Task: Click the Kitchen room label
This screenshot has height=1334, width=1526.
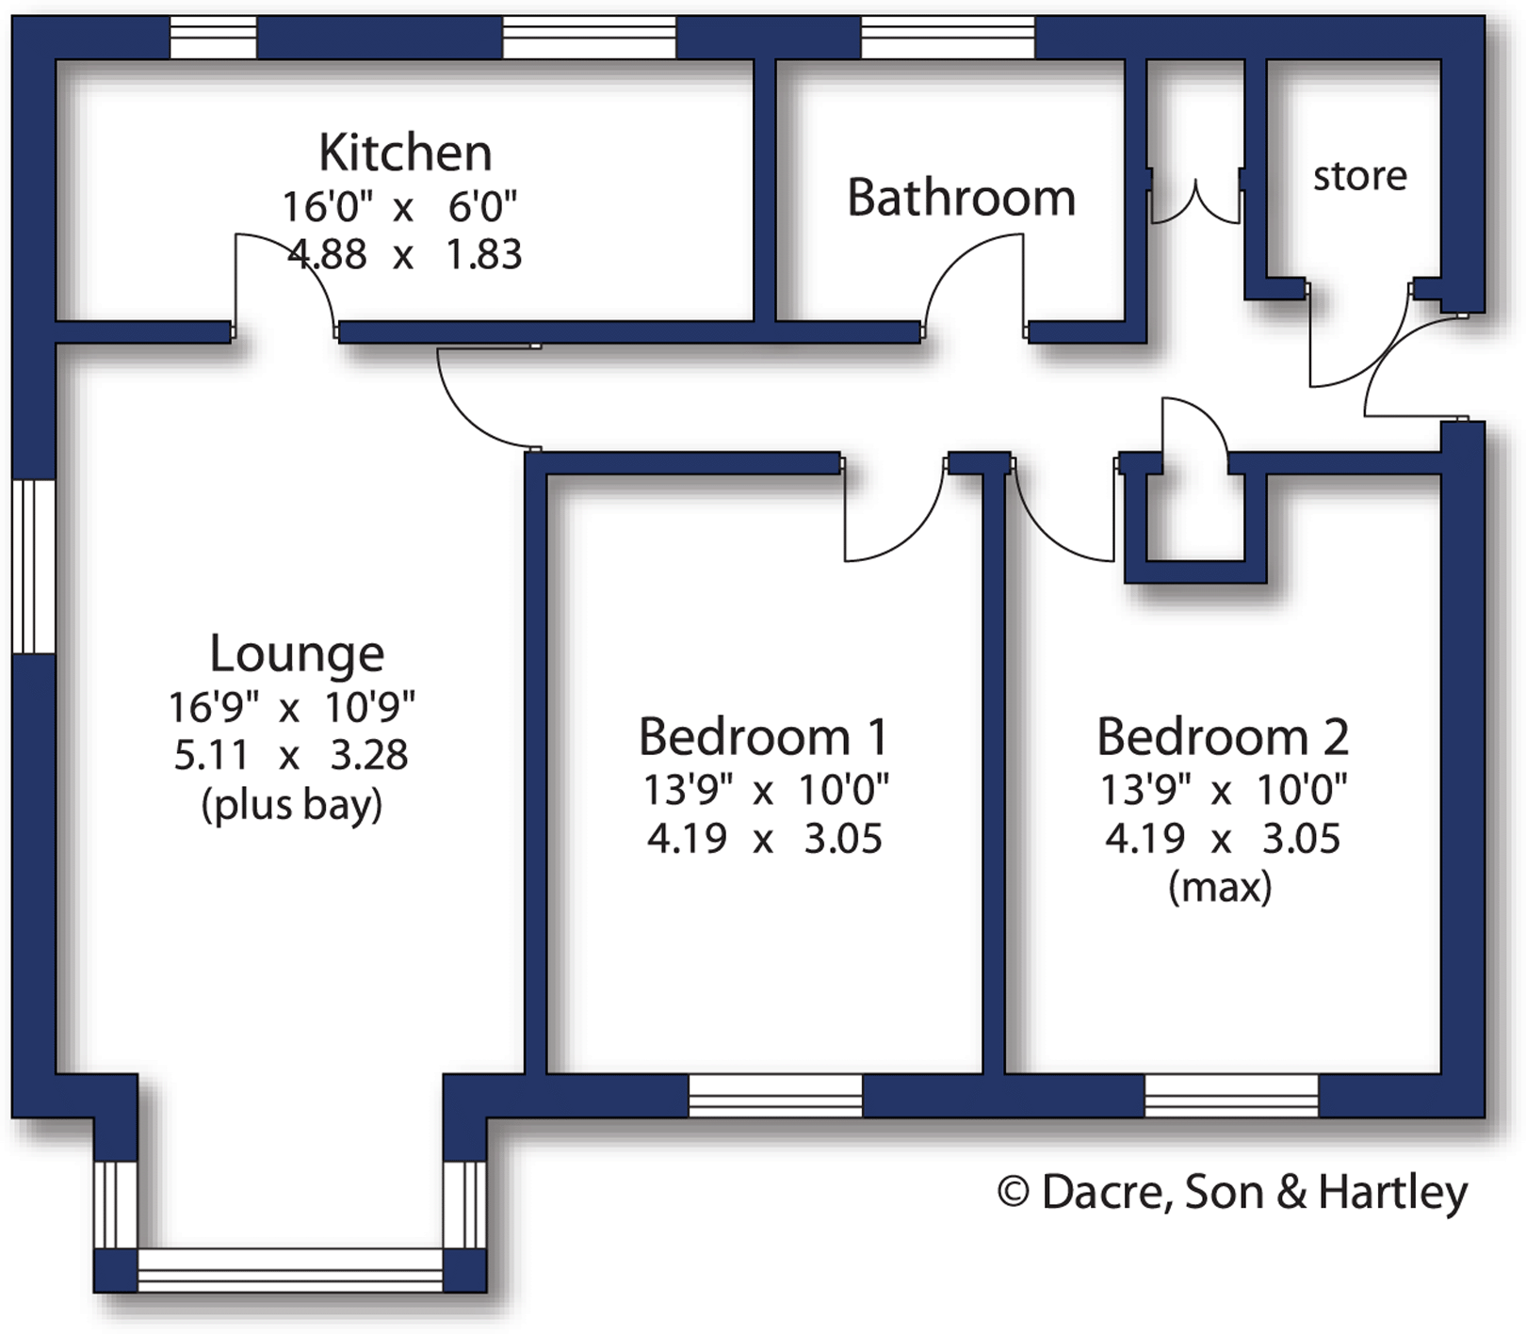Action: [405, 153]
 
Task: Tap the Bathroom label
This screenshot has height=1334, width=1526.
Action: [961, 198]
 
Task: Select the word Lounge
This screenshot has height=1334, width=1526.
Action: [297, 653]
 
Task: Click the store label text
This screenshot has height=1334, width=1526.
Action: [1359, 176]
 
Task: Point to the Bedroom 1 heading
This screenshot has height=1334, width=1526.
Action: [763, 736]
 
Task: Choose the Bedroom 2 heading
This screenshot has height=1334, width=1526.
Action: [1223, 736]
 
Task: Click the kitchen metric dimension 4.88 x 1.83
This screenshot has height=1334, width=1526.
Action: [405, 254]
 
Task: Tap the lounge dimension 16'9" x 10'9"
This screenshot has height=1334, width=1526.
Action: [292, 706]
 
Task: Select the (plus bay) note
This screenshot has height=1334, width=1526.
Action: [292, 805]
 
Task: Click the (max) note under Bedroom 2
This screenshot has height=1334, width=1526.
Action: [1220, 887]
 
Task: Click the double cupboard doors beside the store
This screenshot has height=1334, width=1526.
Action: [1195, 202]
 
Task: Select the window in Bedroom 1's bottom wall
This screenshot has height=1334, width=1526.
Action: [775, 1096]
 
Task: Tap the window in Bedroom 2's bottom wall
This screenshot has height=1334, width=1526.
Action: [1231, 1096]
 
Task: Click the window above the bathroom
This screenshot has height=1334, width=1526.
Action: [948, 38]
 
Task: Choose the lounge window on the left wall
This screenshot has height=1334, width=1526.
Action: [34, 566]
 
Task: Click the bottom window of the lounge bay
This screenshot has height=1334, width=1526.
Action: [290, 1270]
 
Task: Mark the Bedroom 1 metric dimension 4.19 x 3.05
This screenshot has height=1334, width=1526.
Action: [763, 839]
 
